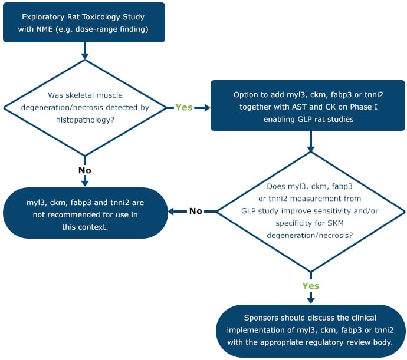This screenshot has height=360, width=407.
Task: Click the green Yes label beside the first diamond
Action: pyautogui.click(x=183, y=107)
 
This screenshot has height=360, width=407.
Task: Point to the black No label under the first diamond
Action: pyautogui.click(x=85, y=170)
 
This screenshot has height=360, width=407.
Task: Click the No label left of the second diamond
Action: pyautogui.click(x=195, y=211)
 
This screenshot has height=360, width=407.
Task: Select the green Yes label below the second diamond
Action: pyautogui.click(x=311, y=285)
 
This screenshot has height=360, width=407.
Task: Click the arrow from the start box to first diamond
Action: pyautogui.click(x=85, y=52)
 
